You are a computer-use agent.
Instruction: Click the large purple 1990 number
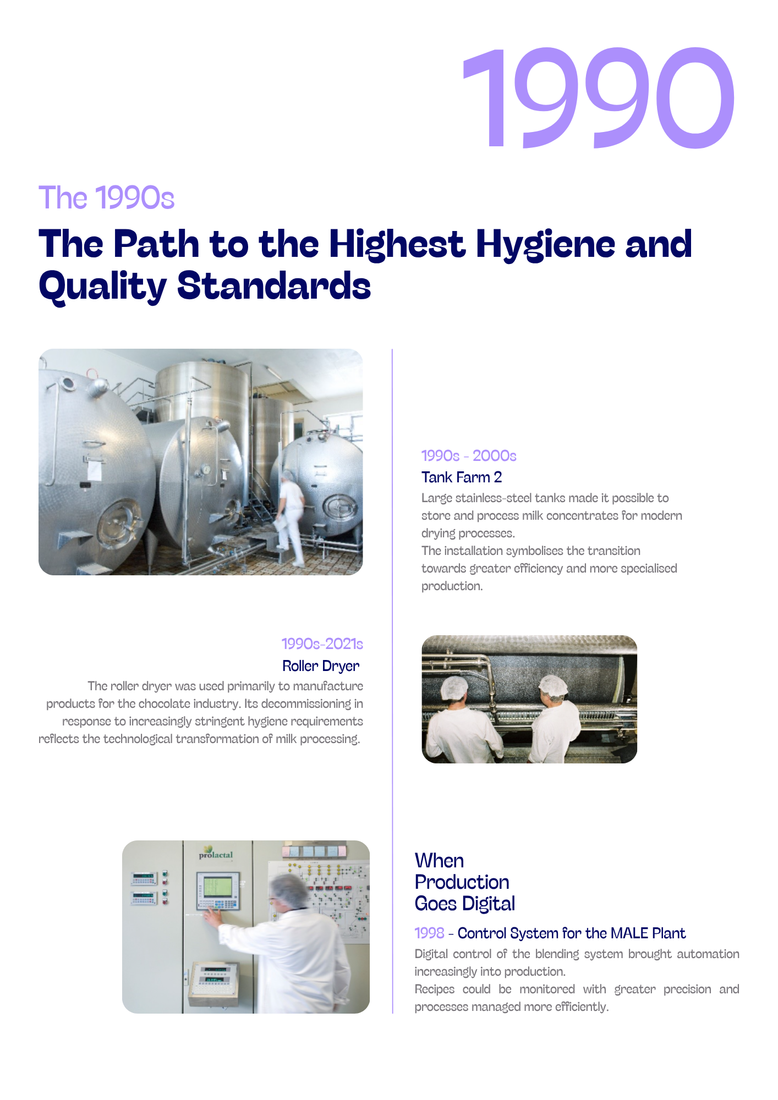(x=598, y=98)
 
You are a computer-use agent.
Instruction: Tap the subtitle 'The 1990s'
(x=106, y=197)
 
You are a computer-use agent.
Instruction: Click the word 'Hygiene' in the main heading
(x=545, y=246)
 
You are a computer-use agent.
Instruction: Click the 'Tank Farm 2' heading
(x=462, y=477)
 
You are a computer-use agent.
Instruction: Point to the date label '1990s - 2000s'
(x=469, y=455)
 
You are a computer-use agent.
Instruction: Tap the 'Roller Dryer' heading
(x=321, y=666)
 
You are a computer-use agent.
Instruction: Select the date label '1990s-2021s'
(x=322, y=643)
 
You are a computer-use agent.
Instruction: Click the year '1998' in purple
(x=429, y=933)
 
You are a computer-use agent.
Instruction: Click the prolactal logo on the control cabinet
(x=216, y=853)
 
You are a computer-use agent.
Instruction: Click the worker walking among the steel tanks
(x=291, y=516)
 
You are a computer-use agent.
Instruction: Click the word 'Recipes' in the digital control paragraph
(x=435, y=989)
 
